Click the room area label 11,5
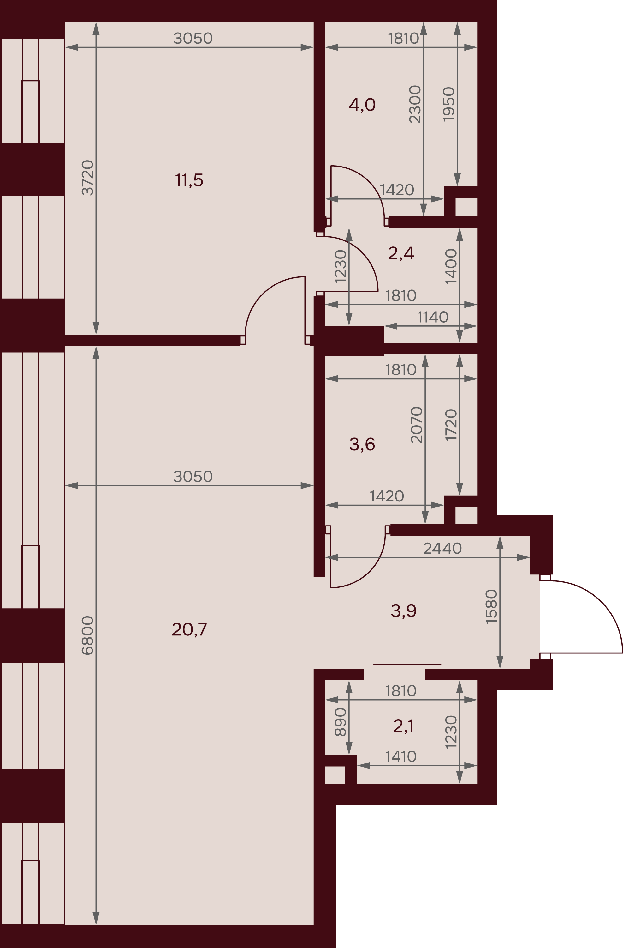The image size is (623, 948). point(189,180)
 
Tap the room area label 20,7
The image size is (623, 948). point(189,630)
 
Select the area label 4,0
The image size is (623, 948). point(362,105)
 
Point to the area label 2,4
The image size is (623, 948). point(401,253)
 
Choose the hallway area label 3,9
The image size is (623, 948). point(403,611)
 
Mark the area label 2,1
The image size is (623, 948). point(403,726)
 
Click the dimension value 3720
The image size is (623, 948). point(87,178)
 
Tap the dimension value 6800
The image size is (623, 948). point(87,635)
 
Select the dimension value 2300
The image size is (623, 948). point(415,104)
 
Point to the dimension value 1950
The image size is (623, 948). point(449,104)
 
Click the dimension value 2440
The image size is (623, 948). point(442,549)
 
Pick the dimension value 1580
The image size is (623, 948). point(492,607)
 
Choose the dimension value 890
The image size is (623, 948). point(341,722)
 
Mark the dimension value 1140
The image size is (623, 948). point(433,318)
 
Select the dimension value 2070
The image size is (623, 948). point(417,425)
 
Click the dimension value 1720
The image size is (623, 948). point(451,425)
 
